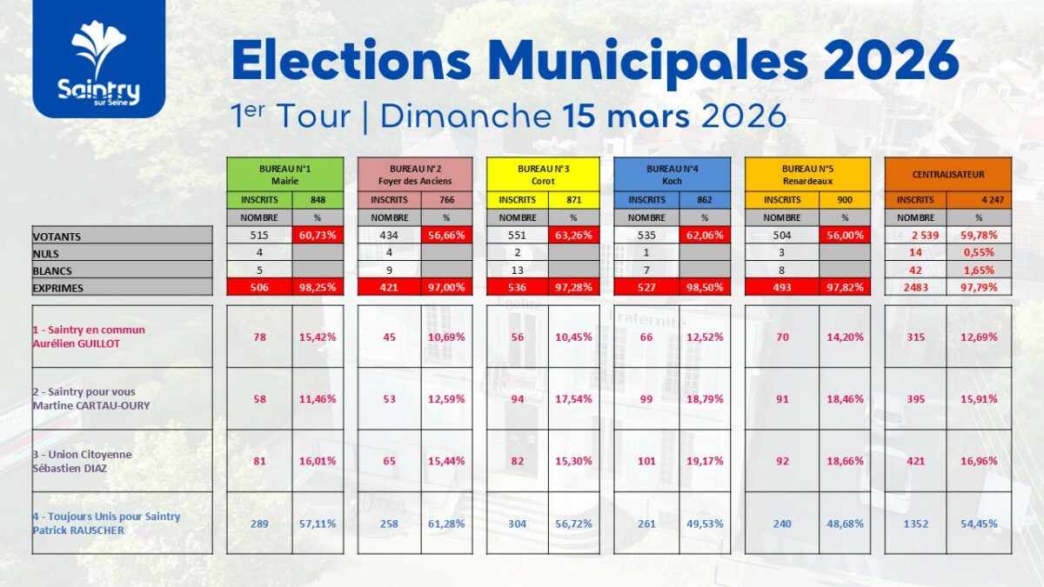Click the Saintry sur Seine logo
click(98, 59)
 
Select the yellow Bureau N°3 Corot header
click(543, 173)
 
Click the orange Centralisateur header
click(947, 174)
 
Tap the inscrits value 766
click(446, 200)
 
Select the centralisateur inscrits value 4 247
click(979, 200)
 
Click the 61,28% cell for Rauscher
click(446, 524)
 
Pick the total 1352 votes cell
click(915, 524)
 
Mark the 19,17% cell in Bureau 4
click(703, 461)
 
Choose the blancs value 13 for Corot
click(518, 270)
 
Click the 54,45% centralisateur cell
click(979, 524)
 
